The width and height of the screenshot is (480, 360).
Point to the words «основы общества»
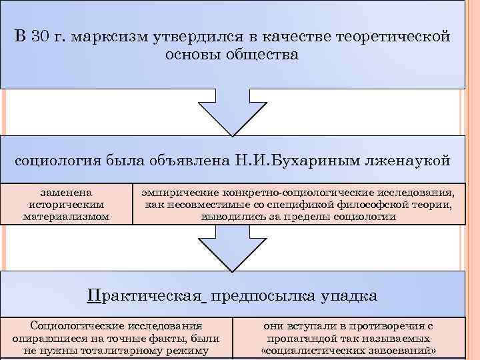231,55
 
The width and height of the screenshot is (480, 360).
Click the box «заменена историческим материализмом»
66,203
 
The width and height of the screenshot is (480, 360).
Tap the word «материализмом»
66,217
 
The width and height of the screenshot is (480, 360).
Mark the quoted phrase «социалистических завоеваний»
349,350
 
